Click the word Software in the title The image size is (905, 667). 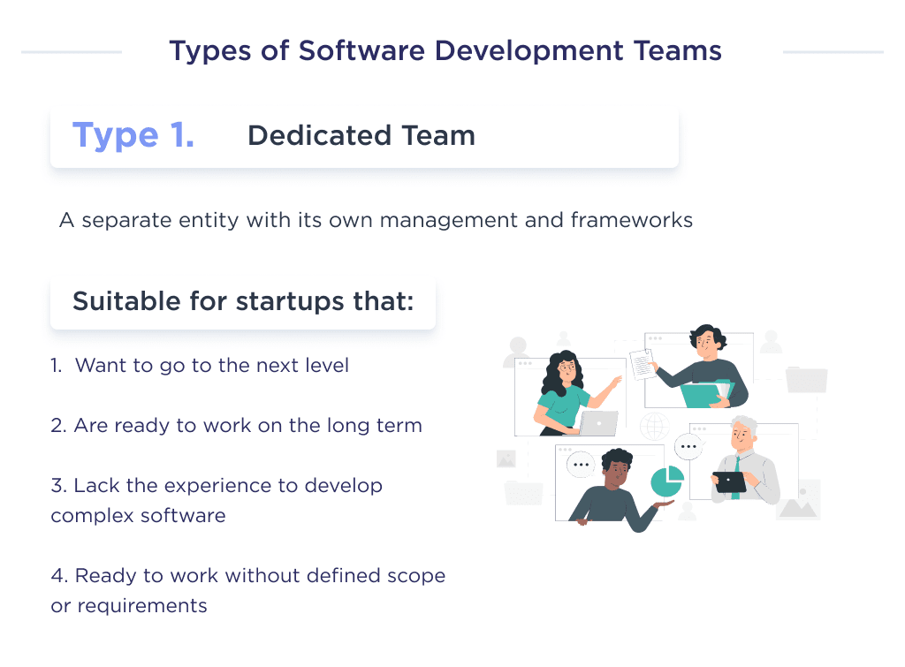pyautogui.click(x=354, y=50)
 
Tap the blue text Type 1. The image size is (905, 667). pyautogui.click(x=133, y=135)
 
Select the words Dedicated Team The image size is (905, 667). pyautogui.click(x=361, y=135)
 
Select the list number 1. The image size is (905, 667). pyautogui.click(x=56, y=365)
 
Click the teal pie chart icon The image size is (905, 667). pyautogui.click(x=667, y=482)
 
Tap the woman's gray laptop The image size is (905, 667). pyautogui.click(x=598, y=423)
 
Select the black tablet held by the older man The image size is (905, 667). pyautogui.click(x=730, y=482)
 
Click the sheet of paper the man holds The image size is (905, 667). pyautogui.click(x=643, y=364)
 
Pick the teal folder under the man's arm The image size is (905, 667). pyautogui.click(x=706, y=394)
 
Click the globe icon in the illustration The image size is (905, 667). pyautogui.click(x=655, y=427)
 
